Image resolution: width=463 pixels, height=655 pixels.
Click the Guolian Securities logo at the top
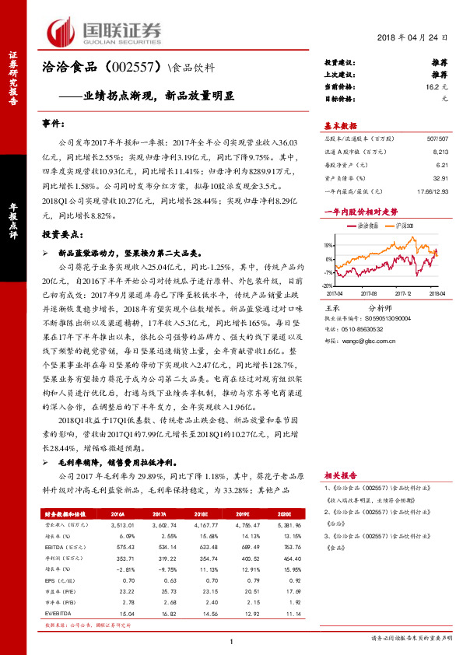[104, 31]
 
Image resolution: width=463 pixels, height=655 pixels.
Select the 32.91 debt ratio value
[440, 178]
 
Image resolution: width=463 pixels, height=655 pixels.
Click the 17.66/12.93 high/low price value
[432, 190]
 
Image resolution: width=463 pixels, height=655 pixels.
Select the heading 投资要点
[62, 234]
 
